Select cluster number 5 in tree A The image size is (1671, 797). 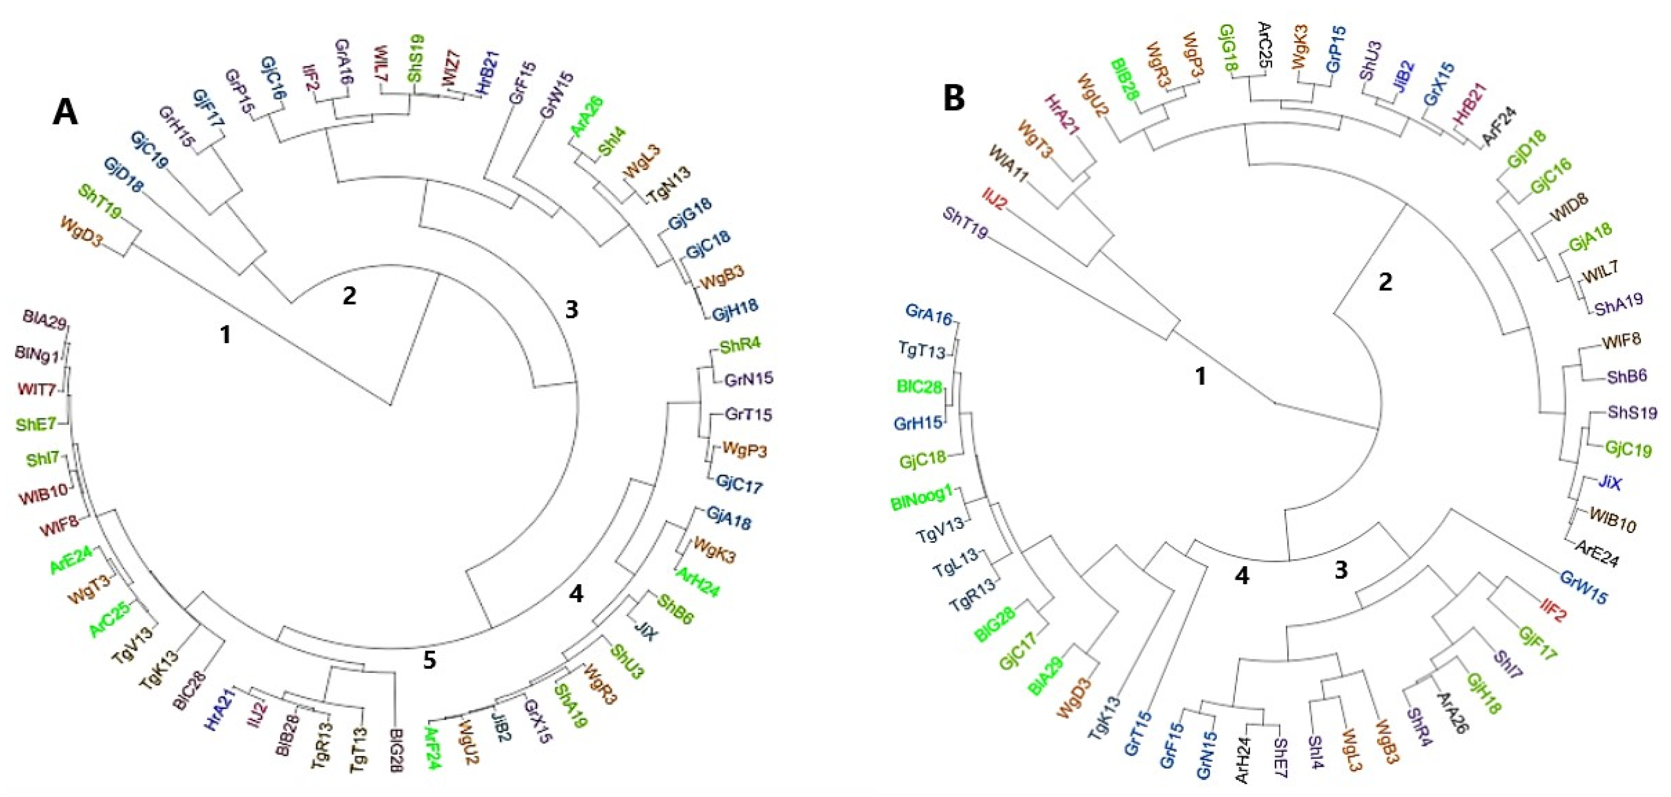click(x=429, y=661)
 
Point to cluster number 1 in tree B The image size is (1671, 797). click(x=1201, y=376)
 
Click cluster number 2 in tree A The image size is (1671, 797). click(x=349, y=296)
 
